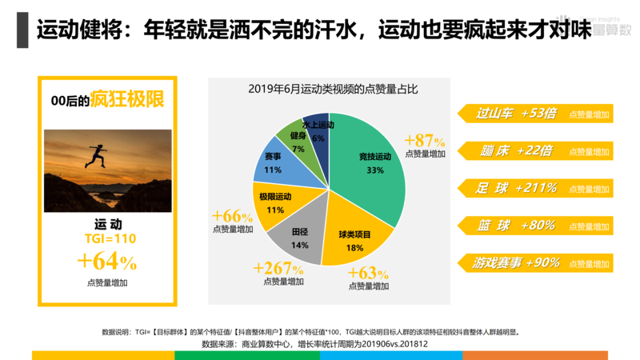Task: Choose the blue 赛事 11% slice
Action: point(273,163)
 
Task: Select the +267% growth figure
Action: point(278,267)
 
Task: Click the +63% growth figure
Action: point(368,272)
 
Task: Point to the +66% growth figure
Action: point(233,216)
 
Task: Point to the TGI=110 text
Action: point(110,238)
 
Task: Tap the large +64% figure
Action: point(107,262)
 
